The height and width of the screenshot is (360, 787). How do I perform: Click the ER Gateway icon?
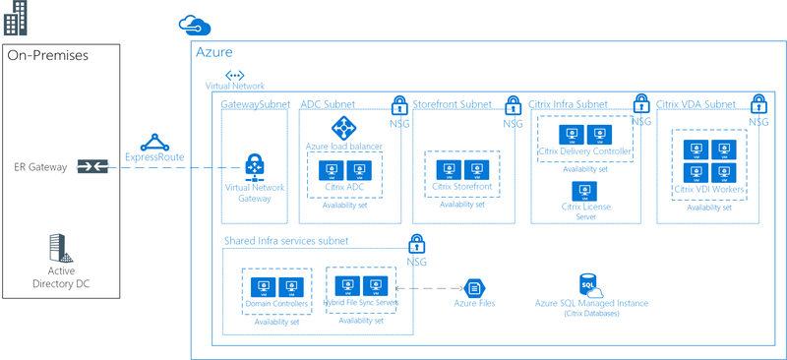(x=90, y=167)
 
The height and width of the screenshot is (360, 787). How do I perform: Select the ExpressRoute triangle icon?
(x=154, y=142)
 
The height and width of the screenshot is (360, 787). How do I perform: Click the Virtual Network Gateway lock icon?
(x=254, y=167)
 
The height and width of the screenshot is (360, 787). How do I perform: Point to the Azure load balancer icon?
(x=343, y=127)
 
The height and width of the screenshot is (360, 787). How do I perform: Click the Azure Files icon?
(x=473, y=287)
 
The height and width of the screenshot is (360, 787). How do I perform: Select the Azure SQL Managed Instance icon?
(x=591, y=285)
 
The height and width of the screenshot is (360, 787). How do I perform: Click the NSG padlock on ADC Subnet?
(x=399, y=104)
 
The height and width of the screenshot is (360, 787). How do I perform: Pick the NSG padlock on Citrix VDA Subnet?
(x=757, y=104)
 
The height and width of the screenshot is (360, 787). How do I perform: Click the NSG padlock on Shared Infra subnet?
(x=416, y=242)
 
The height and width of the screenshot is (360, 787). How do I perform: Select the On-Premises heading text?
(x=47, y=56)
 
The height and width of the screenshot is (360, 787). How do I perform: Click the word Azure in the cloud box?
(x=214, y=52)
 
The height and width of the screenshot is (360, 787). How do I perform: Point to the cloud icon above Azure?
(x=188, y=23)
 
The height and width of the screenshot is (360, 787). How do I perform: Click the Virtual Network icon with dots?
(x=234, y=75)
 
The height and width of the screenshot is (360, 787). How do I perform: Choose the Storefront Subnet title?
(x=452, y=103)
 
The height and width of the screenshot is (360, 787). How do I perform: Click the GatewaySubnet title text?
(x=257, y=103)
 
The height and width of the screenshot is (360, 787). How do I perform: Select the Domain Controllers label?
(x=276, y=304)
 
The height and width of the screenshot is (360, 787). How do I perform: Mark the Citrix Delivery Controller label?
(x=584, y=151)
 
